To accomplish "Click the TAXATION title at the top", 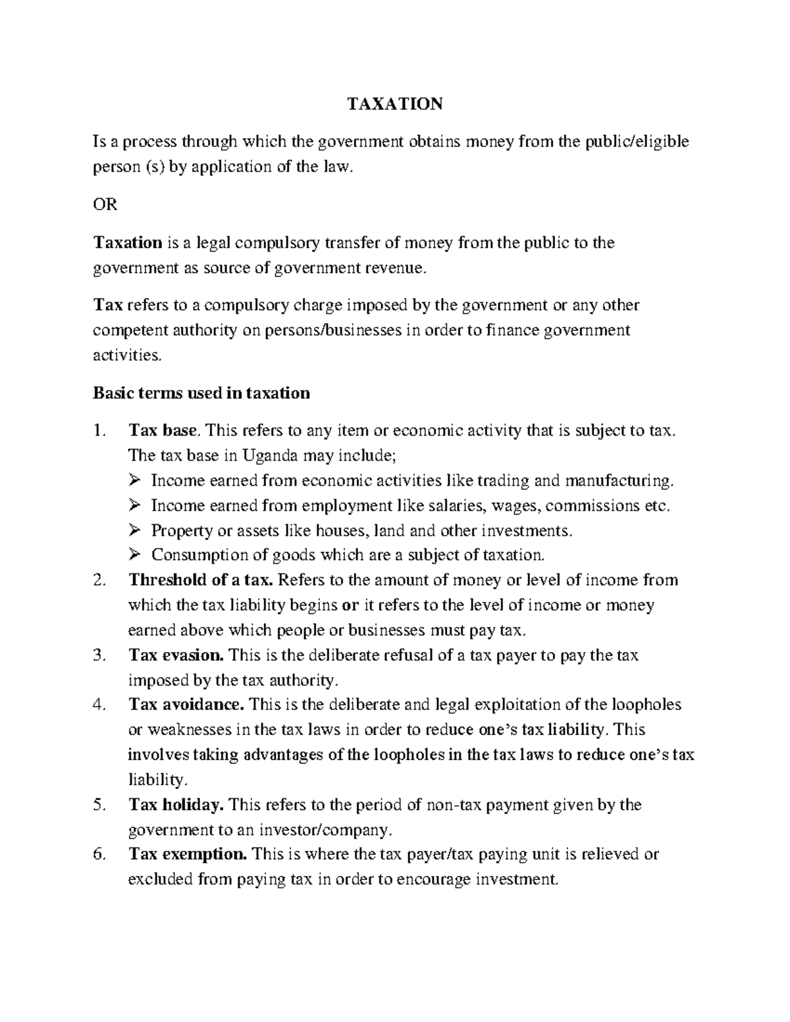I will point(395,104).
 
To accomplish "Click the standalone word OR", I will point(105,205).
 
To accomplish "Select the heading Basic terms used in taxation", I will point(201,394).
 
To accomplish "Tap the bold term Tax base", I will point(162,431).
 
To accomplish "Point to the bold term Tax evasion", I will point(176,655).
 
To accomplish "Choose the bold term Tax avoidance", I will point(186,705).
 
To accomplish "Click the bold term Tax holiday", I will point(176,805).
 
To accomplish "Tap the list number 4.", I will point(99,705).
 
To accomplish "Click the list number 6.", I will point(99,854).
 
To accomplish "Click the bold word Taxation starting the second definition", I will point(128,243).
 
